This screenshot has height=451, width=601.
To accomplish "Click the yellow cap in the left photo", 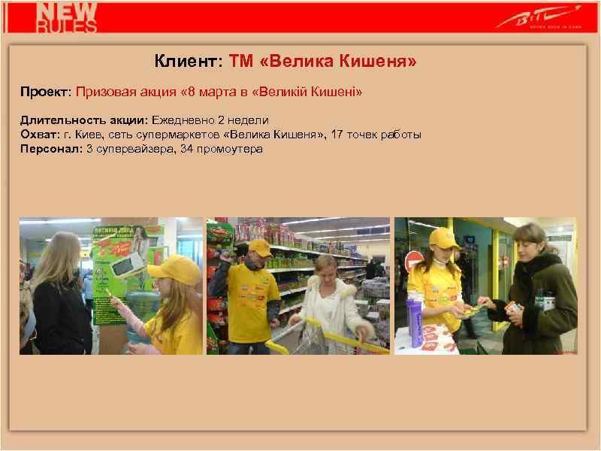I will click(x=174, y=267).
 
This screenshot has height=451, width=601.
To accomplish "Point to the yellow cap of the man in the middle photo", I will click(x=259, y=247).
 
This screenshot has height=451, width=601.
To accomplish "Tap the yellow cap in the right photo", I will click(x=444, y=239).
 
